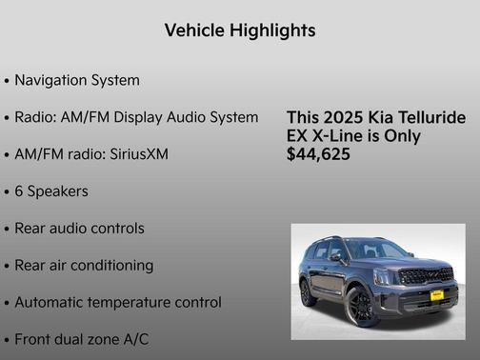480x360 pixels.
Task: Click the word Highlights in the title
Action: point(272,31)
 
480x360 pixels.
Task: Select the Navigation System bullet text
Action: point(77,80)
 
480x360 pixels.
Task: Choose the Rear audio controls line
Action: point(79,229)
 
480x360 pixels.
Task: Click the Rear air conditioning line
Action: point(84,265)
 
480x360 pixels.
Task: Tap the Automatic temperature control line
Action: point(118,302)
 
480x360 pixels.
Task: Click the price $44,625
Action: point(318,153)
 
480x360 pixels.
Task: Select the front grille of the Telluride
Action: point(426,276)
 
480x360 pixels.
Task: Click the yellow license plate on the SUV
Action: point(437,295)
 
